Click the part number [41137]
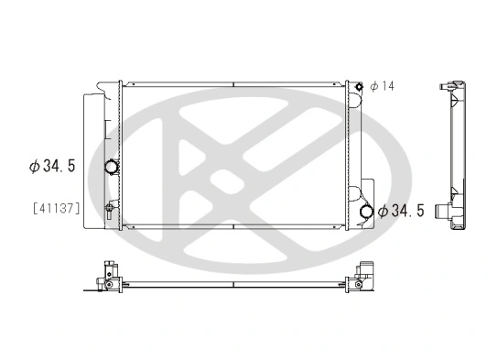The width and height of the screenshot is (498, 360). point(56,209)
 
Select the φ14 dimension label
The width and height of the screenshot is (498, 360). point(381,86)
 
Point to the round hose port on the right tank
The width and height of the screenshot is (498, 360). point(366,212)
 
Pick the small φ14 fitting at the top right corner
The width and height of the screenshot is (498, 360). point(360,87)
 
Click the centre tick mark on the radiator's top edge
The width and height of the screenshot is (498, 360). point(234,85)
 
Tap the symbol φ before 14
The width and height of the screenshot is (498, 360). point(373,86)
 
